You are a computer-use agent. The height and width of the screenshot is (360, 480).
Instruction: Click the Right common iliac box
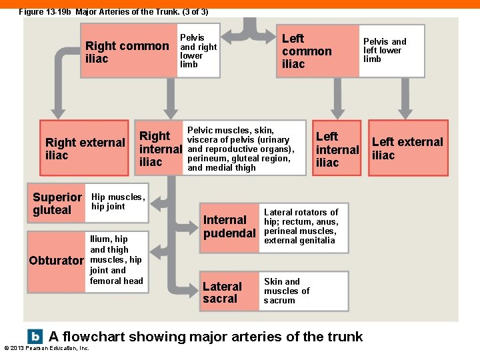point(127,52)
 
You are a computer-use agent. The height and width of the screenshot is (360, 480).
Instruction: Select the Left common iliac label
point(307,51)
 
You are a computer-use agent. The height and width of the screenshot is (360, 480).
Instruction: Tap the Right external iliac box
point(84,149)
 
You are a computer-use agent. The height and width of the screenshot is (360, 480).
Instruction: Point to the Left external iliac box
point(407,148)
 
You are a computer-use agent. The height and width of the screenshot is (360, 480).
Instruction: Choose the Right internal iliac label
point(159,149)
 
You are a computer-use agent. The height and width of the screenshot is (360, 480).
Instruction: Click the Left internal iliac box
point(337,149)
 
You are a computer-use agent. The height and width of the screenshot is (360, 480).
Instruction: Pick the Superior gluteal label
point(57,203)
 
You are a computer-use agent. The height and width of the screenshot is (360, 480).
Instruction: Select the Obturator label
point(57,260)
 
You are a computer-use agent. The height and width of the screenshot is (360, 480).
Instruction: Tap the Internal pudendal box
point(229,227)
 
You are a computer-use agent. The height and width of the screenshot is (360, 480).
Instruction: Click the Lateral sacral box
point(222,292)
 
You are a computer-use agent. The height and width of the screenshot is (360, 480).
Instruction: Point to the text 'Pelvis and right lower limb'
point(198,51)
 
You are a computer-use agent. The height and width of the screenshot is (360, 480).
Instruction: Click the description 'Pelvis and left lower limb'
point(385,50)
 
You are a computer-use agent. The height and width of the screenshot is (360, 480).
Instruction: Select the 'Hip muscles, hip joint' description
point(117,201)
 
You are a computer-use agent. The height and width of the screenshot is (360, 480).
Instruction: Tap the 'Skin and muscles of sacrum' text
point(287,291)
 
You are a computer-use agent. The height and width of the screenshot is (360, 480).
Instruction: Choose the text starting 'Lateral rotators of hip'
point(301,227)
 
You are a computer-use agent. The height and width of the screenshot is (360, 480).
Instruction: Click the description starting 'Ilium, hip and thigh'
point(116,259)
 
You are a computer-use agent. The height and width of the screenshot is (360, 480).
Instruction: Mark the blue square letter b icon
point(34,336)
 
